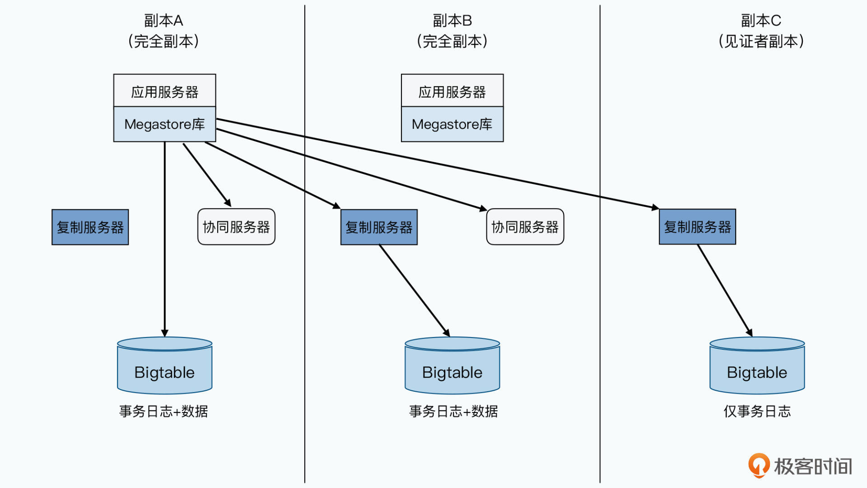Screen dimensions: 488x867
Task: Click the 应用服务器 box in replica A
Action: pyautogui.click(x=164, y=91)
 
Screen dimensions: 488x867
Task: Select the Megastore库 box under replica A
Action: pyautogui.click(x=164, y=124)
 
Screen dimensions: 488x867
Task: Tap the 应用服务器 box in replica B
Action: pyautogui.click(x=452, y=91)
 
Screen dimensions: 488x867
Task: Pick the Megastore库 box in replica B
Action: pyautogui.click(x=452, y=124)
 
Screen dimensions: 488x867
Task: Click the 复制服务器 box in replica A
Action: pyautogui.click(x=90, y=227)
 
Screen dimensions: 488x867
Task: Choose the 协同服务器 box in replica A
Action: pyautogui.click(x=236, y=227)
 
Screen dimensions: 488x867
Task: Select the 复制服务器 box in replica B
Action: pyautogui.click(x=379, y=227)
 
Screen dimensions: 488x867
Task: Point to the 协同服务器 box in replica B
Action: pyautogui.click(x=525, y=227)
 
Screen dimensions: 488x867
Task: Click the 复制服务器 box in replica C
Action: pyautogui.click(x=697, y=227)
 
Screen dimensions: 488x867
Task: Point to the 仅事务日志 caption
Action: pyautogui.click(x=757, y=411)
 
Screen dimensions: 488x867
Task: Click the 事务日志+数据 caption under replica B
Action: pyautogui.click(x=453, y=411)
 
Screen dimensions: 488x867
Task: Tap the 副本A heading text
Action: pyautogui.click(x=163, y=21)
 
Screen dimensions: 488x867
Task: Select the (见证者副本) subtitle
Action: pyautogui.click(x=761, y=41)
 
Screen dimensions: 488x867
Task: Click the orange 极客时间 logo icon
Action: pyautogui.click(x=759, y=465)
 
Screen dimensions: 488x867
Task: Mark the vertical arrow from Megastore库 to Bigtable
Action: pyautogui.click(x=165, y=239)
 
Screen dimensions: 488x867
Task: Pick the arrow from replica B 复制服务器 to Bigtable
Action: pyautogui.click(x=414, y=291)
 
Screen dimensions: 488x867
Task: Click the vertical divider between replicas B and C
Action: pyautogui.click(x=600, y=316)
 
